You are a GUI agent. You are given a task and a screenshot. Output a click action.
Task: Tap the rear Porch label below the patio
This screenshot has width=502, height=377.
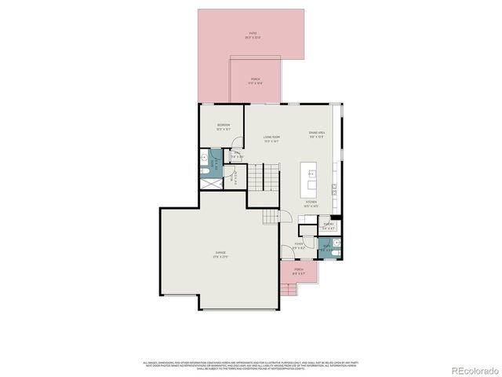[x=256, y=81]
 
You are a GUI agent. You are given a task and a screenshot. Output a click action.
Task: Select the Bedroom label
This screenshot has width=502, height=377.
[x=223, y=126]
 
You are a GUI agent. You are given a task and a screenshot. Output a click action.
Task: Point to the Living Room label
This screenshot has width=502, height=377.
[x=271, y=139]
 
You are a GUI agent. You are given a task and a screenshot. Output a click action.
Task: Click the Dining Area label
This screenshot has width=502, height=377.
[x=317, y=135]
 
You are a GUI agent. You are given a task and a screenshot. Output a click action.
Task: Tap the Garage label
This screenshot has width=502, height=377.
[x=221, y=254]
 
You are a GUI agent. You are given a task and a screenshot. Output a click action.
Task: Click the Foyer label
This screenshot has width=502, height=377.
[x=299, y=246]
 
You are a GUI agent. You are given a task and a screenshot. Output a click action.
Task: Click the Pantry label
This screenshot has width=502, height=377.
[x=329, y=225]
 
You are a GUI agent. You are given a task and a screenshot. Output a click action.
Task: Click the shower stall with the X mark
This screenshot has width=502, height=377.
[x=210, y=180]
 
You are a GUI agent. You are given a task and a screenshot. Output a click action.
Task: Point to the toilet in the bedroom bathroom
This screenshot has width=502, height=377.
[x=203, y=167]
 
